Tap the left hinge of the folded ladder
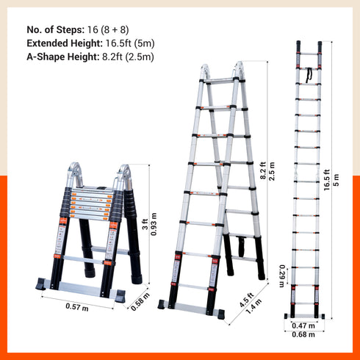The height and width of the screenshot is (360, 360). (74, 175)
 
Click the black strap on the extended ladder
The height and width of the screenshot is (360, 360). (309, 74)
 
